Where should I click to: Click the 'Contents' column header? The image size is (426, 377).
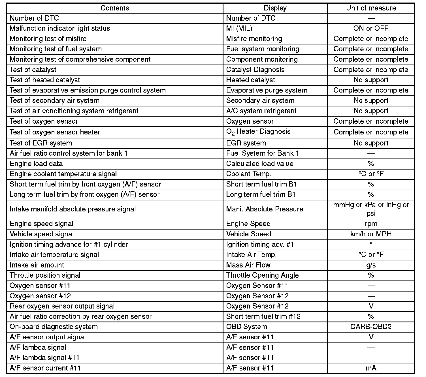115,8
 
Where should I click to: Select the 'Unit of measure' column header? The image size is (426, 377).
371,8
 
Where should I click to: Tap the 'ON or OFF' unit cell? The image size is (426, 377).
371,28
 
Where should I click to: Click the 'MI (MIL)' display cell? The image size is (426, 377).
239,28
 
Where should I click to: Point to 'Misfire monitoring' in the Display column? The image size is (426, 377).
254,39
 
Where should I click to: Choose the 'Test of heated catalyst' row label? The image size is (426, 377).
45,80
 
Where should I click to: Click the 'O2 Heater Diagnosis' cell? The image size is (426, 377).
258,132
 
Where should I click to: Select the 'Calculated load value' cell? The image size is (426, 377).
260,164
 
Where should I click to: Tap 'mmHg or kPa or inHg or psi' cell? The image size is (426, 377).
371,209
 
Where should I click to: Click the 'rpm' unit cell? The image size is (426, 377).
371,224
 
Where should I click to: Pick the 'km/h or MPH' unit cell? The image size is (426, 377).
371,234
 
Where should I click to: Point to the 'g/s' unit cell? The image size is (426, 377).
371,265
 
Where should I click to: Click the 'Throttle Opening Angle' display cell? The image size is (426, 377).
262,275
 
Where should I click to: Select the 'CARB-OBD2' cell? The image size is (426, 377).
371,327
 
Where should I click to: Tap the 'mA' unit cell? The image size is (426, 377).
371,368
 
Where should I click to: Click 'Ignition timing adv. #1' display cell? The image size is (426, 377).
260,244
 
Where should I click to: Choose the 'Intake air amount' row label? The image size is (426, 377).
37,265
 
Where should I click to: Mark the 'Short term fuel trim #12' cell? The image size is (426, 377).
263,316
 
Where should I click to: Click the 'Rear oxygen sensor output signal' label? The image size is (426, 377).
62,306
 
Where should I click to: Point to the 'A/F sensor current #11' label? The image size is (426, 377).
45,368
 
